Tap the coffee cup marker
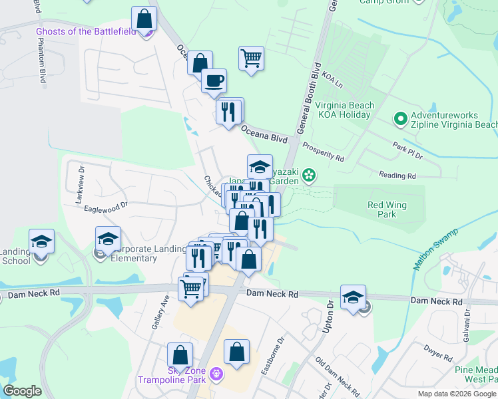click(214, 81)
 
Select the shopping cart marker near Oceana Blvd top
click(251, 59)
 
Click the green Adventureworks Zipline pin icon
click(400, 119)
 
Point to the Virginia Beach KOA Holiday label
click(344, 110)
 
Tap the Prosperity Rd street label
click(324, 152)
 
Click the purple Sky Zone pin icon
click(215, 374)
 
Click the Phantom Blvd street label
click(42, 63)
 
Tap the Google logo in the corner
click(22, 391)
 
